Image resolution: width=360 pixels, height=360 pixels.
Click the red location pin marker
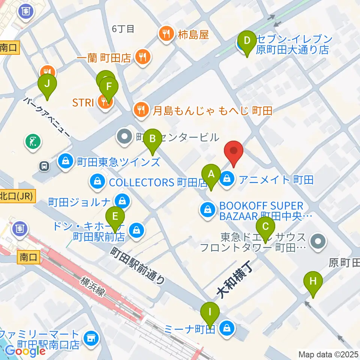234,151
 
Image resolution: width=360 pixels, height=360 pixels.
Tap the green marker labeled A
211,174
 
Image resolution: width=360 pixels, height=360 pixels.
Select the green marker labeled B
153,139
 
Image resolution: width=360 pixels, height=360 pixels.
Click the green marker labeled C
265,227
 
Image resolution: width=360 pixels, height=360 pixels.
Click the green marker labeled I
210,312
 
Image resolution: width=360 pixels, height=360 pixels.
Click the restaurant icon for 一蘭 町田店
142,58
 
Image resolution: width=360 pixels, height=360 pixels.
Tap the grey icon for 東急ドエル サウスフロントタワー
319,241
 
